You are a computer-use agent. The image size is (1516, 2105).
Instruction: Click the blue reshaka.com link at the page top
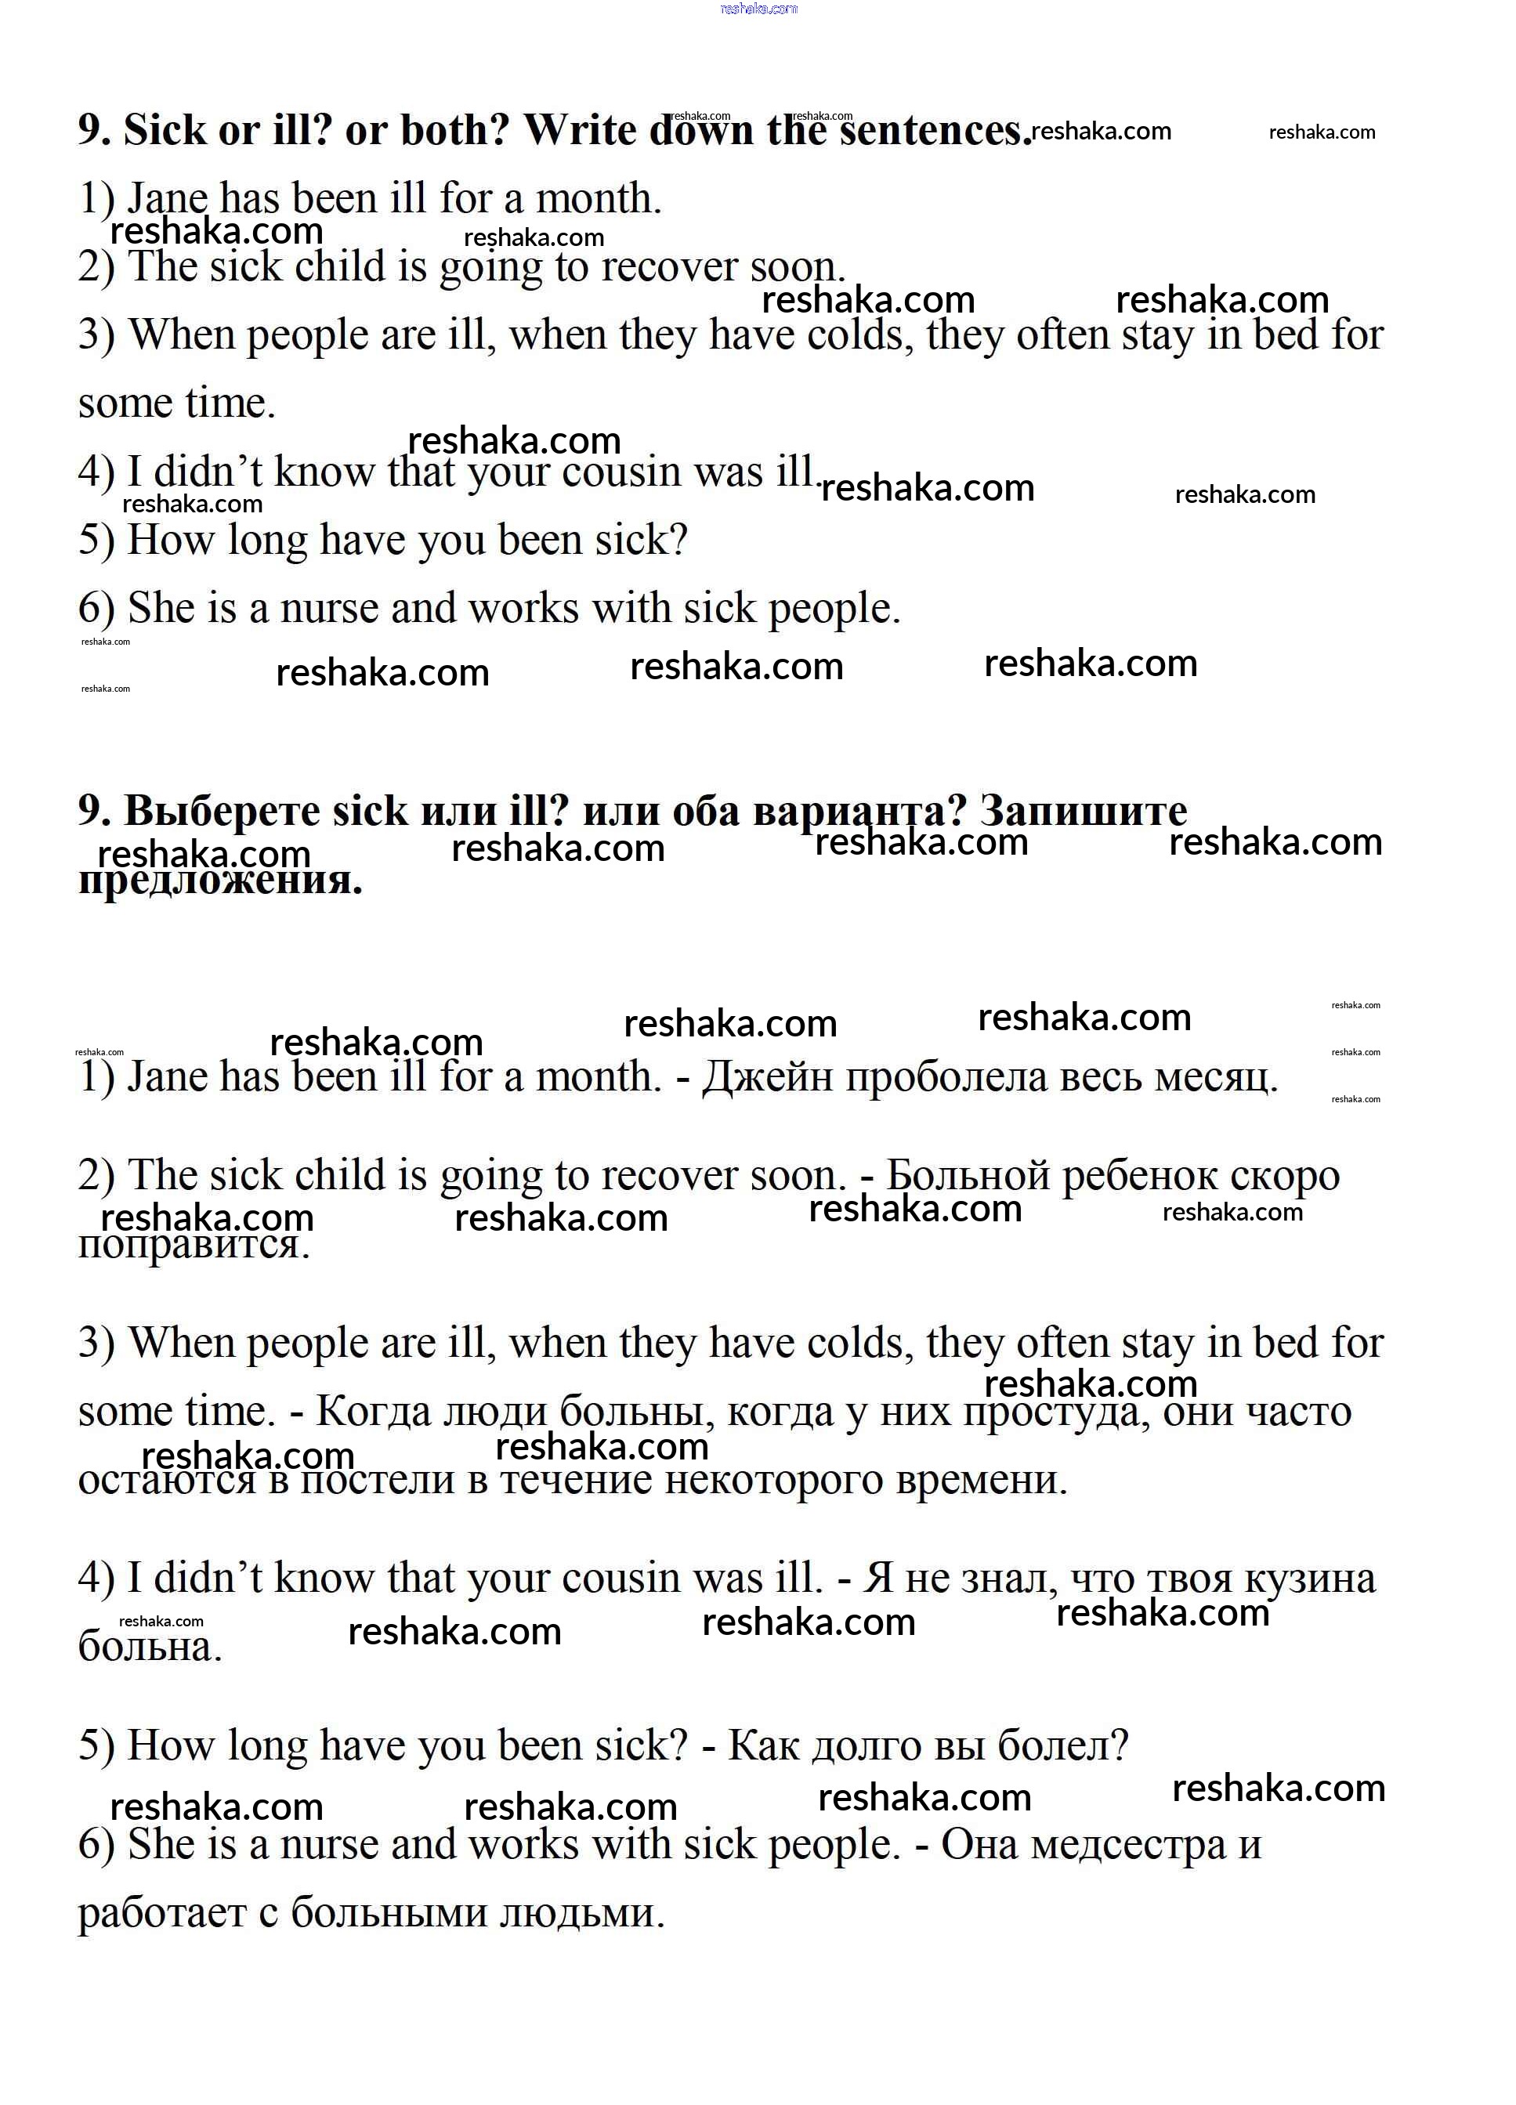coord(758,9)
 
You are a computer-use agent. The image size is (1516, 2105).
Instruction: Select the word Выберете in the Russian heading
coord(221,811)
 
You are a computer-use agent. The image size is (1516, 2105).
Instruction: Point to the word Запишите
coord(1083,811)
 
